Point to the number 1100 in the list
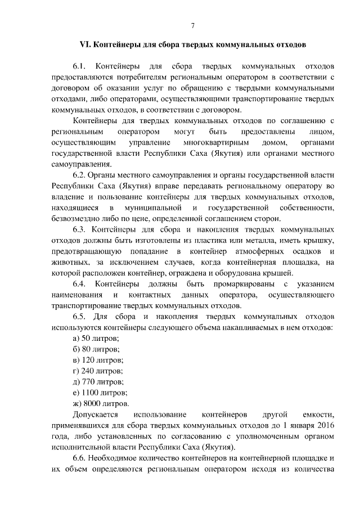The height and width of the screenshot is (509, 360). click(x=91, y=393)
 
